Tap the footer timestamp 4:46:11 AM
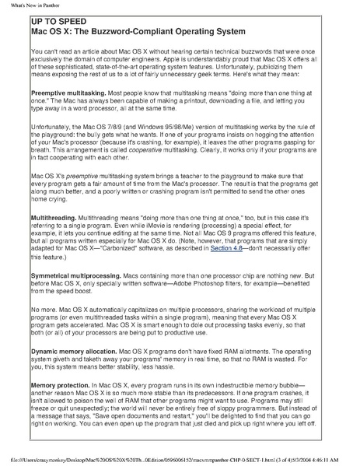(x=335, y=460)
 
